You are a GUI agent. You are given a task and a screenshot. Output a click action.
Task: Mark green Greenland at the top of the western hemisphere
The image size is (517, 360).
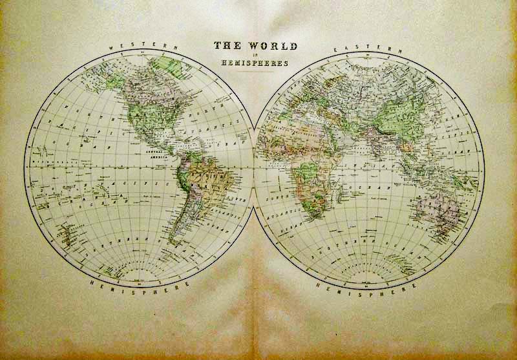[x=169, y=64]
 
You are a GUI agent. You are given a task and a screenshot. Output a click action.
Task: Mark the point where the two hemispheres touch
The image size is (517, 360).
[x=255, y=165]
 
